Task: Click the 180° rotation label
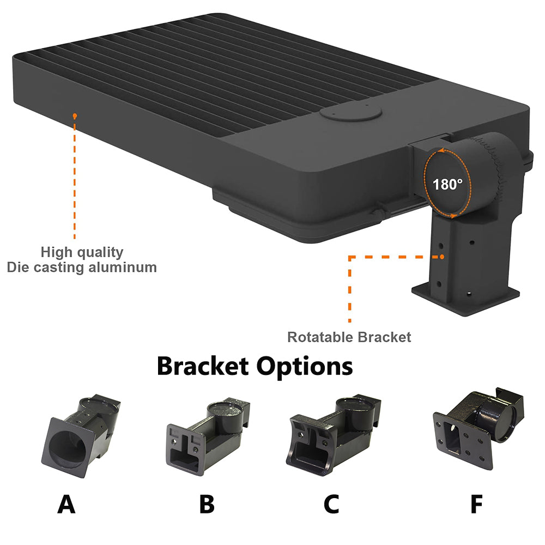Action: (448, 184)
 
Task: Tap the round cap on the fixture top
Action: (350, 114)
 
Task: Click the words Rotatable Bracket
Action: (349, 337)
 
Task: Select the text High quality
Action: (82, 252)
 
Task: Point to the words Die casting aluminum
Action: (82, 268)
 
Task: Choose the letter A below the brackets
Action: (66, 504)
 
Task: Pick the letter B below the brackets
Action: (207, 504)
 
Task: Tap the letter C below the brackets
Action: (331, 504)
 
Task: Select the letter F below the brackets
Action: (476, 504)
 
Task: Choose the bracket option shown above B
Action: (207, 431)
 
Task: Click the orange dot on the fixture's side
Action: (75, 116)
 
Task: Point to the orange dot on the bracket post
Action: (443, 256)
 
